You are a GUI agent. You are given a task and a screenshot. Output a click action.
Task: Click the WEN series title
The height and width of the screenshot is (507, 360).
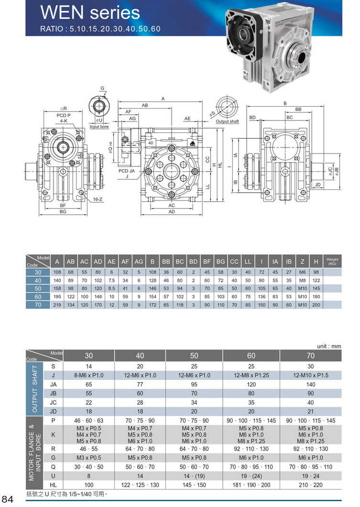coord(90,12)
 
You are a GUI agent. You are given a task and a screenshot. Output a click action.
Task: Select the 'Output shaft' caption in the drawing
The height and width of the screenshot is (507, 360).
coord(227,121)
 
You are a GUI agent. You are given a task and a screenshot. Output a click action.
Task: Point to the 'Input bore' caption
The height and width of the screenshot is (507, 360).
coord(99,127)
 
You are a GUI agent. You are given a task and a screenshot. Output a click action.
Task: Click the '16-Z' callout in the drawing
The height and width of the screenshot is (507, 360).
coord(98,198)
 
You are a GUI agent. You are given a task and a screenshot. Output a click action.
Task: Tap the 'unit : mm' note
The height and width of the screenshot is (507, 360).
coord(329,346)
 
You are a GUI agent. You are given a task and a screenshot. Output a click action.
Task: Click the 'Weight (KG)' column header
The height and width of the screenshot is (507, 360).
coord(332,262)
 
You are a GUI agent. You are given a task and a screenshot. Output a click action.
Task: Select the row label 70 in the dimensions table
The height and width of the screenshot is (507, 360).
coord(38,305)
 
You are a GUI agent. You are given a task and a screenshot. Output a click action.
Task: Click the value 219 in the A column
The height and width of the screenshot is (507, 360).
coord(57,305)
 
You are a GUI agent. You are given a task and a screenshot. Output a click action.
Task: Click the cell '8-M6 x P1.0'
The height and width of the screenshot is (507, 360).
coord(89,375)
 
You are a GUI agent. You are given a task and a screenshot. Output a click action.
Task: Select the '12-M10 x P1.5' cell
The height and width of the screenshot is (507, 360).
coord(311,375)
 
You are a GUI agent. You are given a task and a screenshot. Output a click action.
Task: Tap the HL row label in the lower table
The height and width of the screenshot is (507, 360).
coord(54,485)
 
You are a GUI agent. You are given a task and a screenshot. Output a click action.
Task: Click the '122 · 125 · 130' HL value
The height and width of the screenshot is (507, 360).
coord(140,485)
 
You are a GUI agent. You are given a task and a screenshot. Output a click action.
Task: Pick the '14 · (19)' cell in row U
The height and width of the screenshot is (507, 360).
coord(194,476)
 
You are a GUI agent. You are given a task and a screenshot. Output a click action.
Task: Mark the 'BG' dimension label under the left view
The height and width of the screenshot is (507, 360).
coord(63,211)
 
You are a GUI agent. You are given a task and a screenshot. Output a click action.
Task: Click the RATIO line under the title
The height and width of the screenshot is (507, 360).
coord(100,29)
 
